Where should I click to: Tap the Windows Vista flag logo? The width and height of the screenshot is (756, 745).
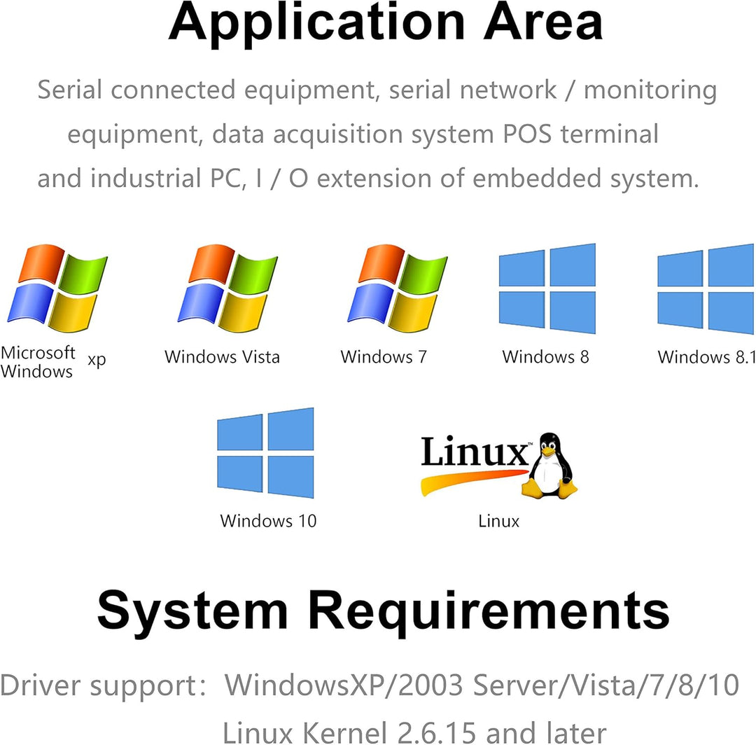(x=228, y=288)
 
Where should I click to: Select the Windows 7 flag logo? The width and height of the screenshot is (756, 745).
(x=398, y=288)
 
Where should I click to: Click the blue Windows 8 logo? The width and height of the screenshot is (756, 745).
(x=547, y=288)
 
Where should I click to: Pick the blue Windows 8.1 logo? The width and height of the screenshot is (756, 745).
(x=706, y=288)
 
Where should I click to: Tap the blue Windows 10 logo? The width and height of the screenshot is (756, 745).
(x=265, y=452)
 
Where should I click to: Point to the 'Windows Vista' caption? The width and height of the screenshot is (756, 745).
(x=222, y=357)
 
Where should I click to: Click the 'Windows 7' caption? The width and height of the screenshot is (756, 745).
(x=384, y=357)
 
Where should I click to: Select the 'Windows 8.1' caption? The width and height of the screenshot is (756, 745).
(x=706, y=357)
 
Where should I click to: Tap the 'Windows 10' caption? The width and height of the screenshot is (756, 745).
(x=268, y=521)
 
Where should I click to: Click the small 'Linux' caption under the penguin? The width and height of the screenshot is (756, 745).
(x=499, y=522)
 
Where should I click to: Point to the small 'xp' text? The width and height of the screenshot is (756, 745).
(x=97, y=361)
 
